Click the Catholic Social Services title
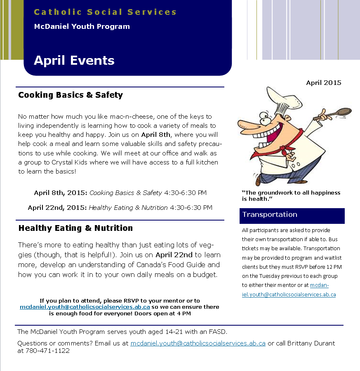[x=105, y=12]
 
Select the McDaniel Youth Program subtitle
[x=82, y=27]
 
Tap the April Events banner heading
[x=74, y=61]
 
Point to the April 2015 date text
[x=323, y=83]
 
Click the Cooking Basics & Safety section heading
[x=71, y=95]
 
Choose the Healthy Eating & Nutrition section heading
[x=75, y=228]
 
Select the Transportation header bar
[x=292, y=215]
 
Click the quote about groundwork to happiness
[x=291, y=196]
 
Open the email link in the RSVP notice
[x=85, y=307]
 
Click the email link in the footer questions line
[x=198, y=343]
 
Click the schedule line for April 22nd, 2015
[x=120, y=208]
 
